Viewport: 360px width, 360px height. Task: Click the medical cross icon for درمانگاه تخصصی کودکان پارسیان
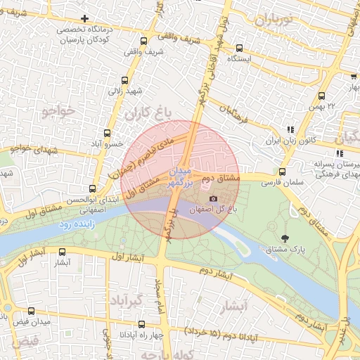tap(85, 18)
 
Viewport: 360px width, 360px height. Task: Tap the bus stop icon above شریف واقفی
tap(143, 40)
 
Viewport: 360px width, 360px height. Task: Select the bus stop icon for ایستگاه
tap(240, 48)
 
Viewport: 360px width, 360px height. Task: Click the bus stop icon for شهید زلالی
tap(125, 80)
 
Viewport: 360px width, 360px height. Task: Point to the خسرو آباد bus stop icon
tap(107, 132)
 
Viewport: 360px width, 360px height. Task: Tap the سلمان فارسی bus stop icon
tap(282, 172)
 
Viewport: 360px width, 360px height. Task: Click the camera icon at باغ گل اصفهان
tap(213, 199)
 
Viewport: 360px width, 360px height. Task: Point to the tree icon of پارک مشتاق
tap(285, 238)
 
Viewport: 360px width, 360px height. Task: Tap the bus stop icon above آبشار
tap(63, 252)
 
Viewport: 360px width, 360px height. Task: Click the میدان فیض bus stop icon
tap(31, 311)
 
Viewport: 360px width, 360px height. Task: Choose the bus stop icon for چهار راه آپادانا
tap(141, 324)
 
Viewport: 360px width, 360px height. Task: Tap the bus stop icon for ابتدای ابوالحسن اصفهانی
tap(91, 188)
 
